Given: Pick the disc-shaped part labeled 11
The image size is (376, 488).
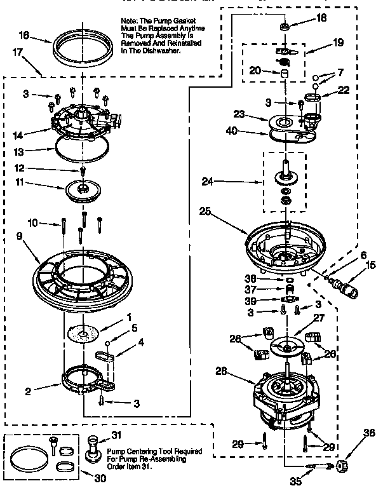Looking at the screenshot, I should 83,189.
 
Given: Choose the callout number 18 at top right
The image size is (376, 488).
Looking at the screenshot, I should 322,18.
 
